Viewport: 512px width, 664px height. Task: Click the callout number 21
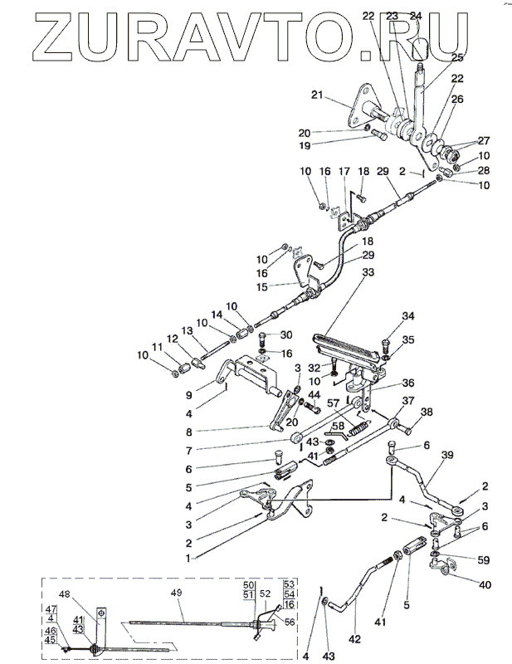(x=315, y=96)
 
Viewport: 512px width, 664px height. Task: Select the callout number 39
(x=447, y=456)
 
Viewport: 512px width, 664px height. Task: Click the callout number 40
(x=485, y=584)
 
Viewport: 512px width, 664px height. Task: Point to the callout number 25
(x=457, y=58)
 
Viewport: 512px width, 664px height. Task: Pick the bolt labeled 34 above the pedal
(x=385, y=342)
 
